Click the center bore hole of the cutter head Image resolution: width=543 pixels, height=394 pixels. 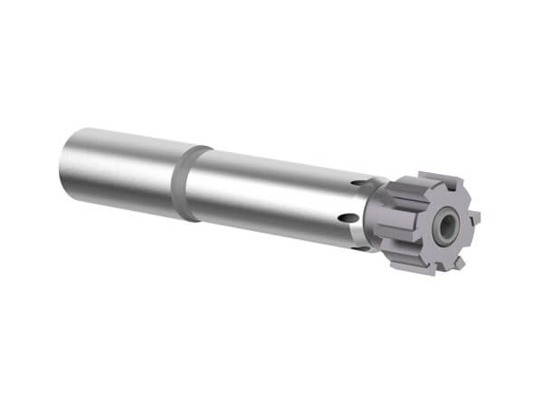point(446,227)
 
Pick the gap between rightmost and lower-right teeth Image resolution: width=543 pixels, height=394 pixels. point(470,241)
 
